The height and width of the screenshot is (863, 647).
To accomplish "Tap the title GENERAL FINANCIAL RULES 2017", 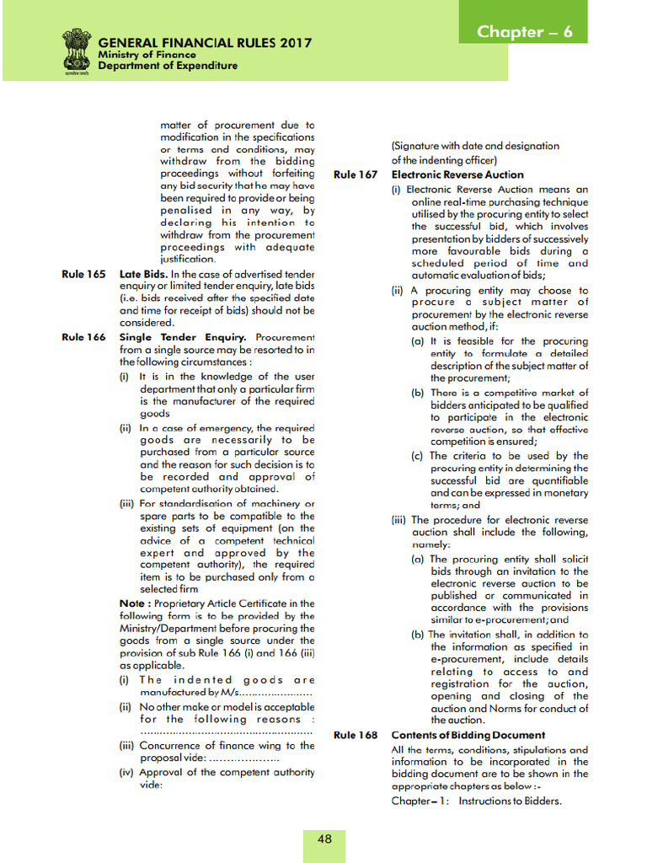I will pyautogui.click(x=205, y=43).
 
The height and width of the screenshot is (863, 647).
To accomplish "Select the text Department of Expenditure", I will pyautogui.click(x=168, y=66).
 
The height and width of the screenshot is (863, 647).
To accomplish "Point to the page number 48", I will pyautogui.click(x=324, y=839).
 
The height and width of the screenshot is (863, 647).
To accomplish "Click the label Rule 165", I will pyautogui.click(x=83, y=274).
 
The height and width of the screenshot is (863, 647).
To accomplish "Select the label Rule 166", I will pyautogui.click(x=83, y=337).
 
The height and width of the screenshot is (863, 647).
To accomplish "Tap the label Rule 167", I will pyautogui.click(x=356, y=174).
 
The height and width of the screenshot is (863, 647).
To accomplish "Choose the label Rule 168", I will pyautogui.click(x=356, y=735).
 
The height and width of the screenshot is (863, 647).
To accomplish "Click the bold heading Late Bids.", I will pyautogui.click(x=144, y=274).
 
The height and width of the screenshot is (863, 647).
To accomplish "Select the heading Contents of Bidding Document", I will pyautogui.click(x=462, y=735).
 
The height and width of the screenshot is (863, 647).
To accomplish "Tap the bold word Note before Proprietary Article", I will pyautogui.click(x=135, y=603).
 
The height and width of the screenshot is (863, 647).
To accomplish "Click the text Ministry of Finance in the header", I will pyautogui.click(x=147, y=55).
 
